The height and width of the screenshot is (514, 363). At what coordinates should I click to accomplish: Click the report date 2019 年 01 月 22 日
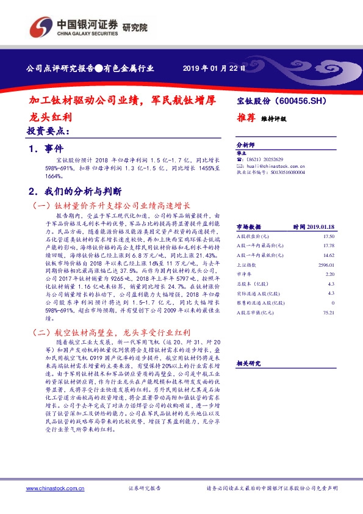pyautogui.click(x=214, y=68)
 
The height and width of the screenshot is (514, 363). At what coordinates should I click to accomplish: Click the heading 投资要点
pyautogui.click(x=48, y=131)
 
